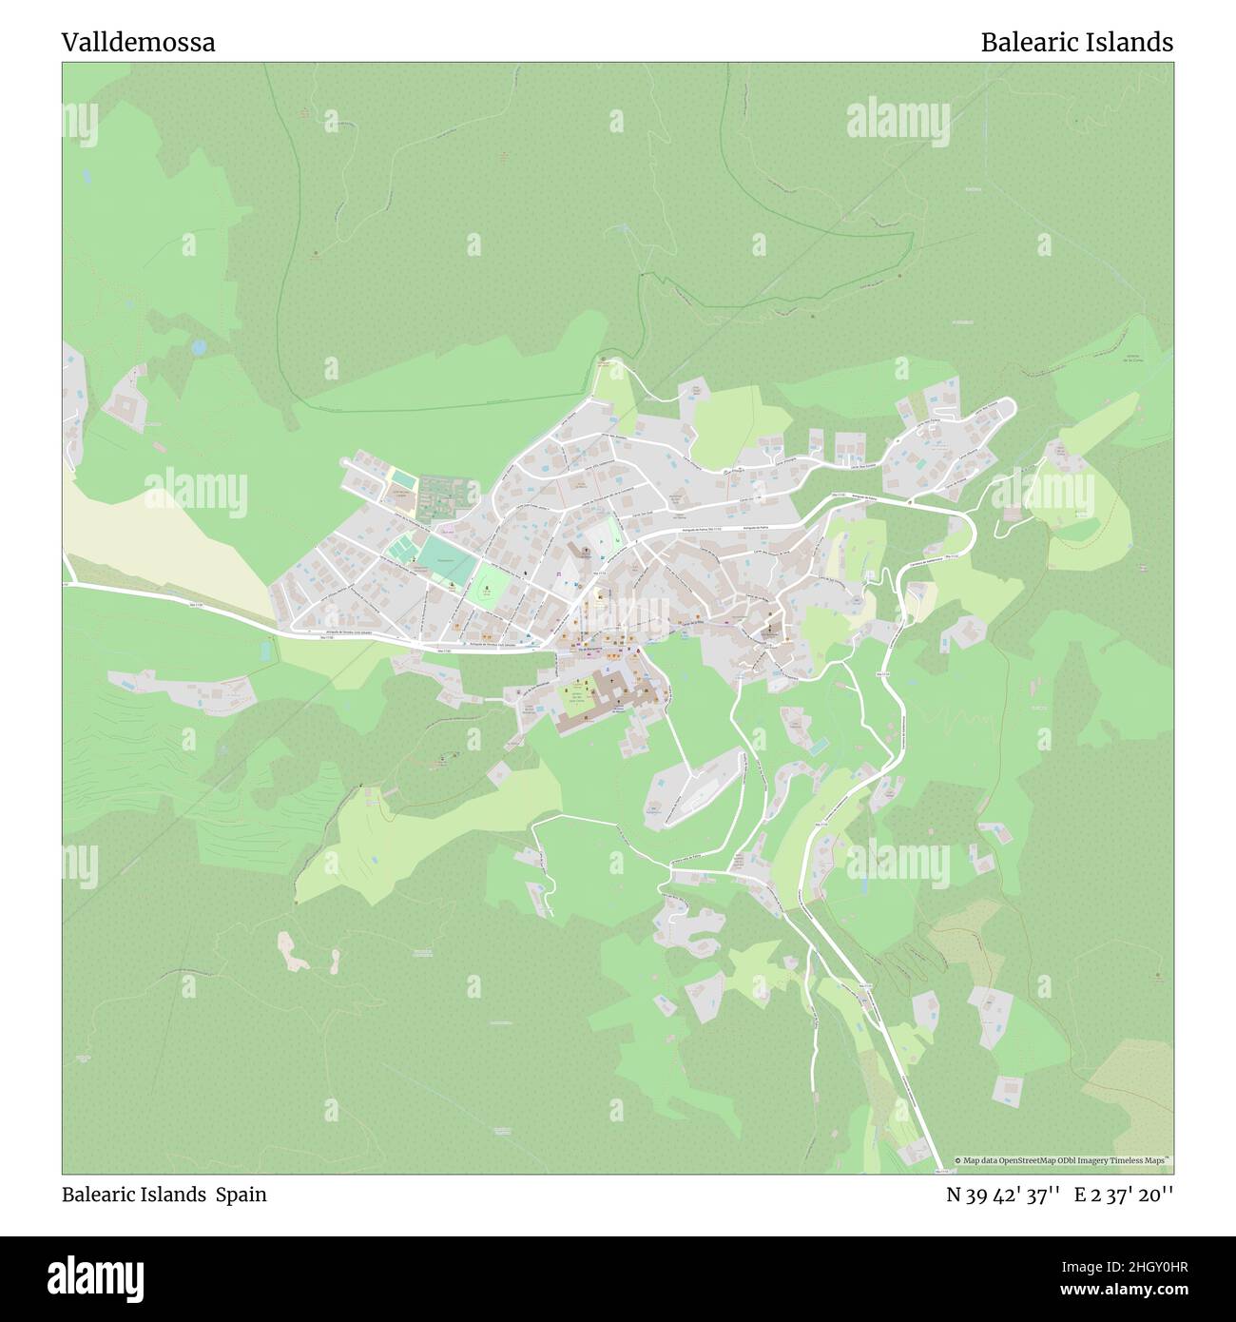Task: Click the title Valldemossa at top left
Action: point(139,43)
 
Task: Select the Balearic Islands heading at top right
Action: point(1076,43)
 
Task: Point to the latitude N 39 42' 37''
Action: point(1003,1196)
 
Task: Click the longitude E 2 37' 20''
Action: point(1124,1196)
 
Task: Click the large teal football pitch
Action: point(447,559)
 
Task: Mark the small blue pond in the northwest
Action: point(198,348)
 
